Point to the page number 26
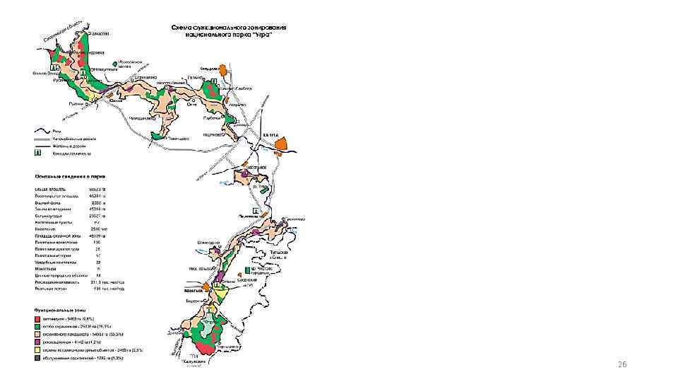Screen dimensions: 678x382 click(622, 364)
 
